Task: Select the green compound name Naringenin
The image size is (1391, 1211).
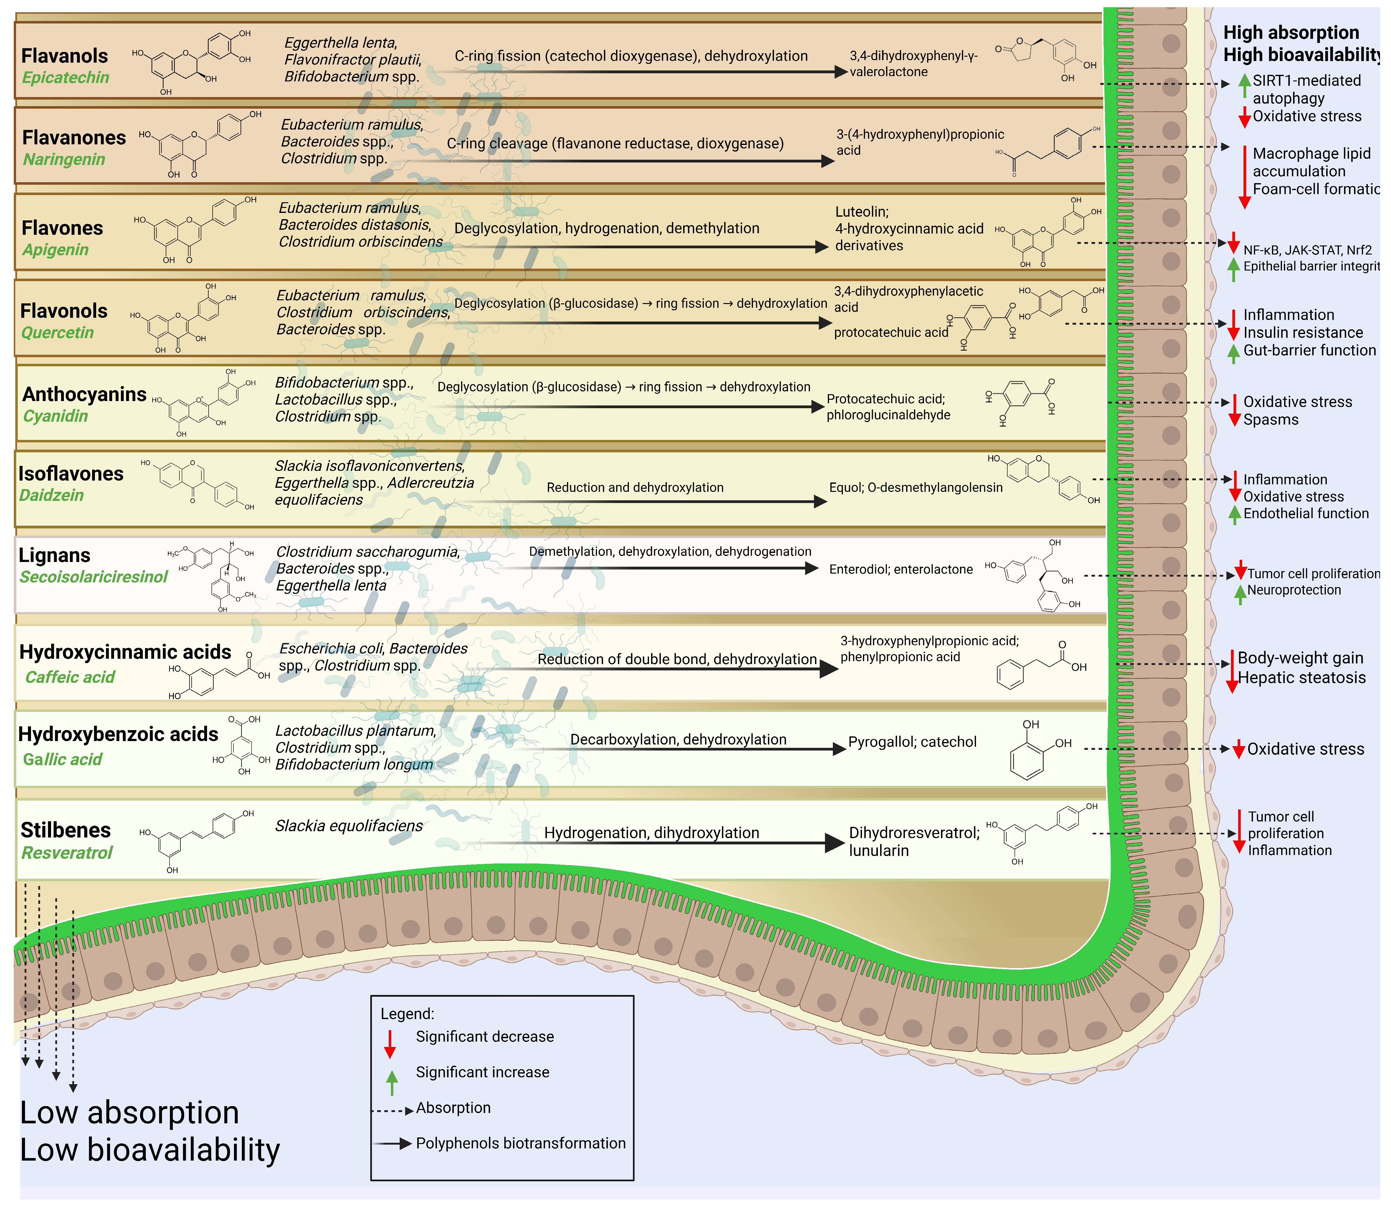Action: pyautogui.click(x=64, y=159)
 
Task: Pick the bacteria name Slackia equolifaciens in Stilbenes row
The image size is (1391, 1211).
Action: pyautogui.click(x=349, y=826)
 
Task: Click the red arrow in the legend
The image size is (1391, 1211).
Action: pyautogui.click(x=390, y=1044)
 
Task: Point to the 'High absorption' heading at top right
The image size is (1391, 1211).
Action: pyautogui.click(x=1291, y=33)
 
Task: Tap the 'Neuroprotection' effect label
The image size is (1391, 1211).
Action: pyautogui.click(x=1294, y=590)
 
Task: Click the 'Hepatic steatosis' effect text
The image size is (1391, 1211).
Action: pyautogui.click(x=1301, y=678)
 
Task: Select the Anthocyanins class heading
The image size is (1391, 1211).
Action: pyautogui.click(x=85, y=394)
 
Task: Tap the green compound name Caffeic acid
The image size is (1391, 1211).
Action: pyautogui.click(x=70, y=677)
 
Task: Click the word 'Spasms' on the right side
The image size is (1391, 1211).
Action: pyautogui.click(x=1271, y=420)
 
